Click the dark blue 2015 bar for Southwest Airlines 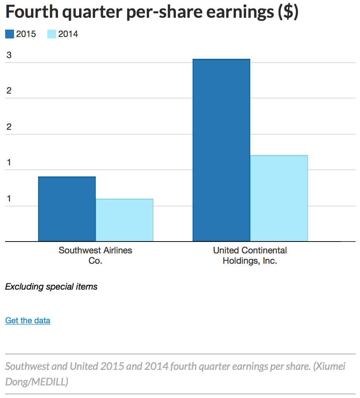tap(67, 209)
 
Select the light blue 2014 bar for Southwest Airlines tap(124, 220)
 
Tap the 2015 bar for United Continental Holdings tap(221, 150)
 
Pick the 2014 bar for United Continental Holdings tap(279, 198)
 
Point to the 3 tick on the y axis tap(9, 55)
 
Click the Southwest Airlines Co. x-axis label tap(95, 255)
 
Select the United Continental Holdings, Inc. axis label tap(250, 255)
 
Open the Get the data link tap(28, 320)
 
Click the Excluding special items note tap(51, 286)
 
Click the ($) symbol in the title tap(288, 12)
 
